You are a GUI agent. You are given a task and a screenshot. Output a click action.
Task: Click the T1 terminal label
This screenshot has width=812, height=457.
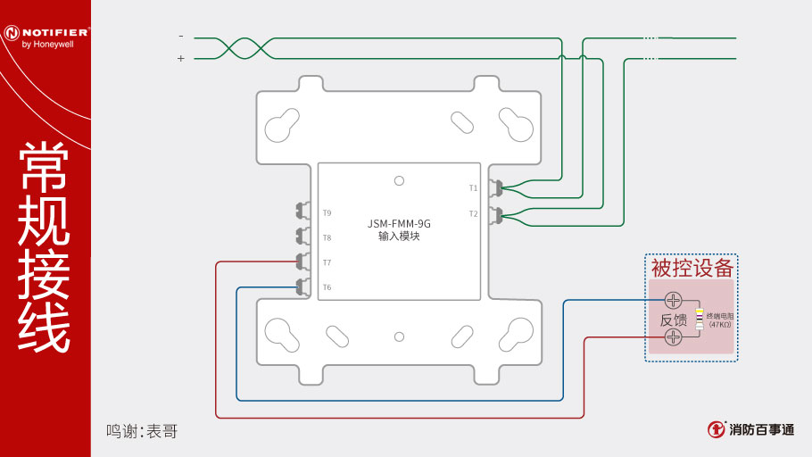coord(473,188)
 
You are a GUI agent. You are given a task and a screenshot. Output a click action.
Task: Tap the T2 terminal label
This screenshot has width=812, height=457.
coord(473,213)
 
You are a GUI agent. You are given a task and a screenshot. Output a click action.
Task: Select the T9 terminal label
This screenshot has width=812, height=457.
coord(327,213)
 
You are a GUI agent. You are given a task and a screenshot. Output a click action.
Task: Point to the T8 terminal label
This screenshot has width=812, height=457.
coord(327,238)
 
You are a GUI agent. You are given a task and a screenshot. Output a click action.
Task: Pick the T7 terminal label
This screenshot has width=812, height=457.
coord(327,262)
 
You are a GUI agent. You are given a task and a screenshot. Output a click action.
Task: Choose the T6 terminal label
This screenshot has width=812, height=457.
coord(327,287)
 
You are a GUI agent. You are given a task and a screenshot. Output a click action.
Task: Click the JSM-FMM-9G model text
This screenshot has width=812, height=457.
coord(399,223)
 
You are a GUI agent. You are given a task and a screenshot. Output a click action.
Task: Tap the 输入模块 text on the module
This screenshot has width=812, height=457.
coord(399,237)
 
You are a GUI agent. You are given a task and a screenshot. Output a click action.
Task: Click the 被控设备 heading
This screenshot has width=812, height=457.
coord(692,268)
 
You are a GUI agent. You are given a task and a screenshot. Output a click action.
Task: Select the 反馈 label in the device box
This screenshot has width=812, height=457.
coord(674,319)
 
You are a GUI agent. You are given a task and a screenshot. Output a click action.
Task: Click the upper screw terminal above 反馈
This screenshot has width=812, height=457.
coord(674,301)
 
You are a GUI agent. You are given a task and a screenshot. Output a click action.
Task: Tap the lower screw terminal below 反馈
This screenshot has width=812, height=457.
coord(674,337)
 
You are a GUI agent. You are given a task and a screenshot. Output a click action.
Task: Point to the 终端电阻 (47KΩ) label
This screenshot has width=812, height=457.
coord(718,320)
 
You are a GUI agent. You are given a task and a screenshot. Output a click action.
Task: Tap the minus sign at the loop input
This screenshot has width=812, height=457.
coord(181,37)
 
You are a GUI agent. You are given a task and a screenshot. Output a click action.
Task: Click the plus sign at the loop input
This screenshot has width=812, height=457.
coord(181,58)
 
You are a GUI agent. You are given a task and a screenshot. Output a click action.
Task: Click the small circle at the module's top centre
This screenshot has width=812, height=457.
coord(399,179)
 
